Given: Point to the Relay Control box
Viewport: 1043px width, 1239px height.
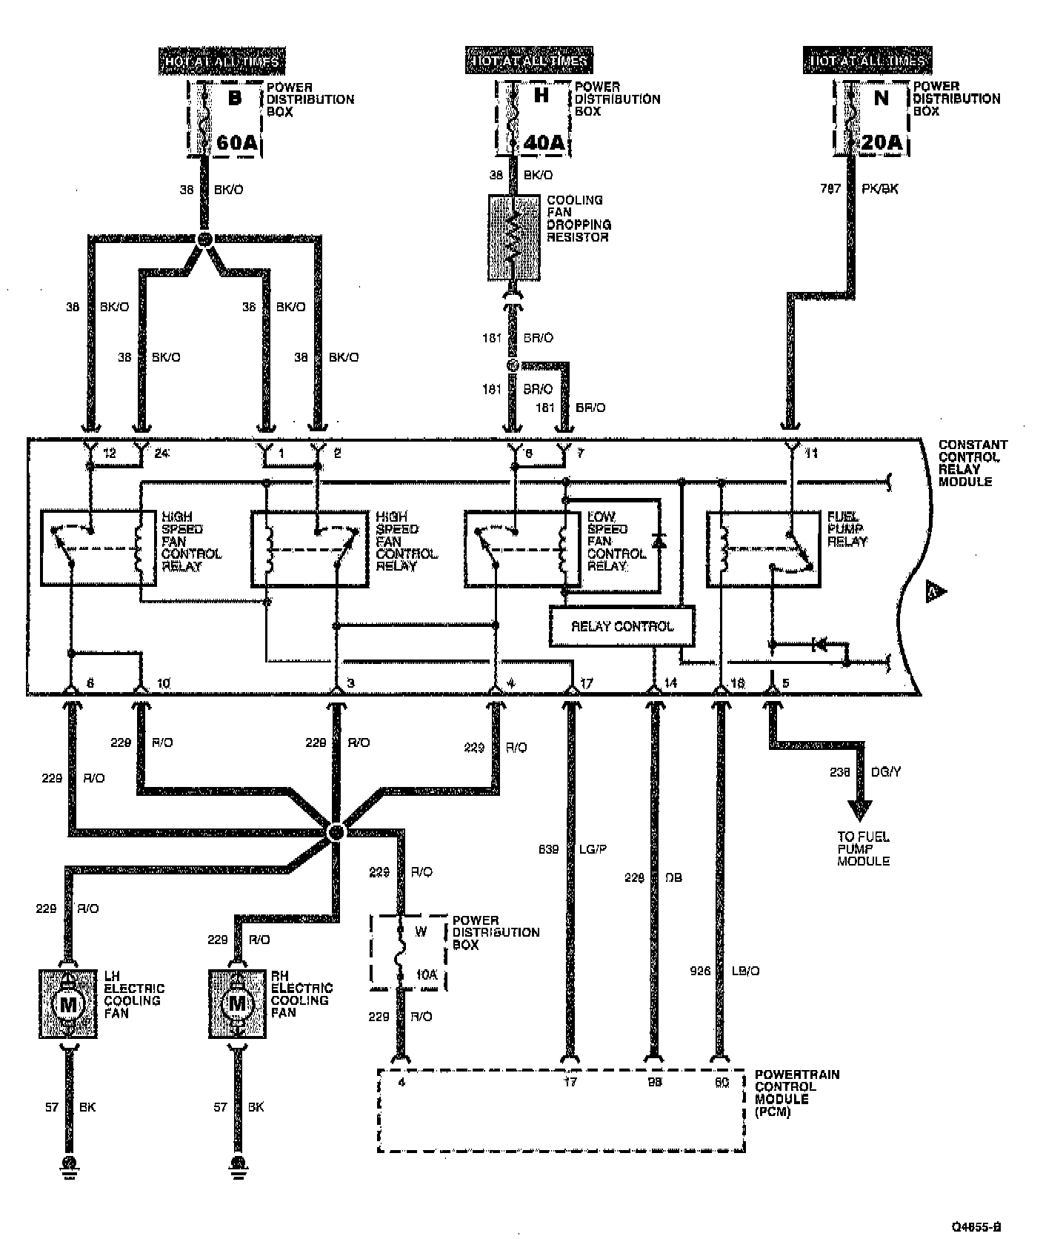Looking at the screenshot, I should point(622,626).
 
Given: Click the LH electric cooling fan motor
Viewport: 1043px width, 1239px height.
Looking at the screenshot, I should point(68,1003).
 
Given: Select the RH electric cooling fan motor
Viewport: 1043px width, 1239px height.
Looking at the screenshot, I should point(237,1003).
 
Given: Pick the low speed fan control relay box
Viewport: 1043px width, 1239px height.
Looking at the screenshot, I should point(562,551).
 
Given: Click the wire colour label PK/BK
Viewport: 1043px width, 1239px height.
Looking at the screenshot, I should point(880,189).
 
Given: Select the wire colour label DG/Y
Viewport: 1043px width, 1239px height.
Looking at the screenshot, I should point(885,772).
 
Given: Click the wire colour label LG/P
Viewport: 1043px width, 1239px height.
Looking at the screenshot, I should point(592,849).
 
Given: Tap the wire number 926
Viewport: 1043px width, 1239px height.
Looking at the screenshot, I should point(699,971).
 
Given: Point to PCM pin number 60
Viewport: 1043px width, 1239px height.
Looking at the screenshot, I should point(722,1083).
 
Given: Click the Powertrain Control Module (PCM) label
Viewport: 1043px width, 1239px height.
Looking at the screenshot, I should point(796,1093).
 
